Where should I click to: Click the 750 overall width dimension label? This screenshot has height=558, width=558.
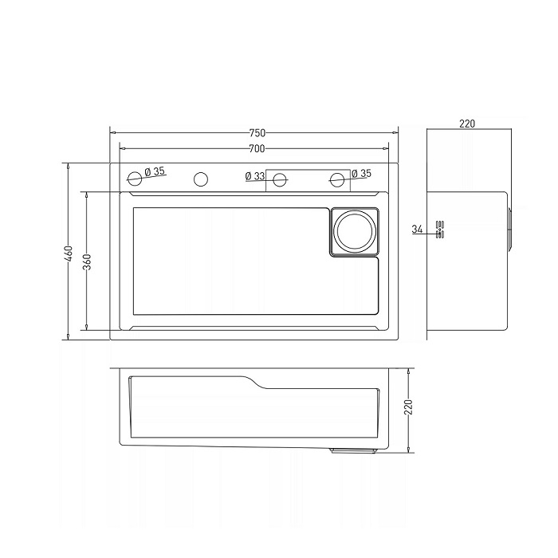click(257, 133)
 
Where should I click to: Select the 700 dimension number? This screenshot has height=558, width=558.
click(257, 148)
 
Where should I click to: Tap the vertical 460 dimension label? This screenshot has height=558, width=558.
click(69, 253)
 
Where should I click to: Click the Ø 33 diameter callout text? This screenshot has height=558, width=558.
click(255, 176)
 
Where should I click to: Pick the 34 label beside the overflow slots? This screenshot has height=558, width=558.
click(417, 230)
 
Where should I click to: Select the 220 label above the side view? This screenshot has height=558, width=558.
click(467, 124)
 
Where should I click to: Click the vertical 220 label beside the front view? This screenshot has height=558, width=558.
click(408, 407)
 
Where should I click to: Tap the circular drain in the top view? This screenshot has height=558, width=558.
click(355, 231)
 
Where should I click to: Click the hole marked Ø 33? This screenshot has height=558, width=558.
click(280, 179)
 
